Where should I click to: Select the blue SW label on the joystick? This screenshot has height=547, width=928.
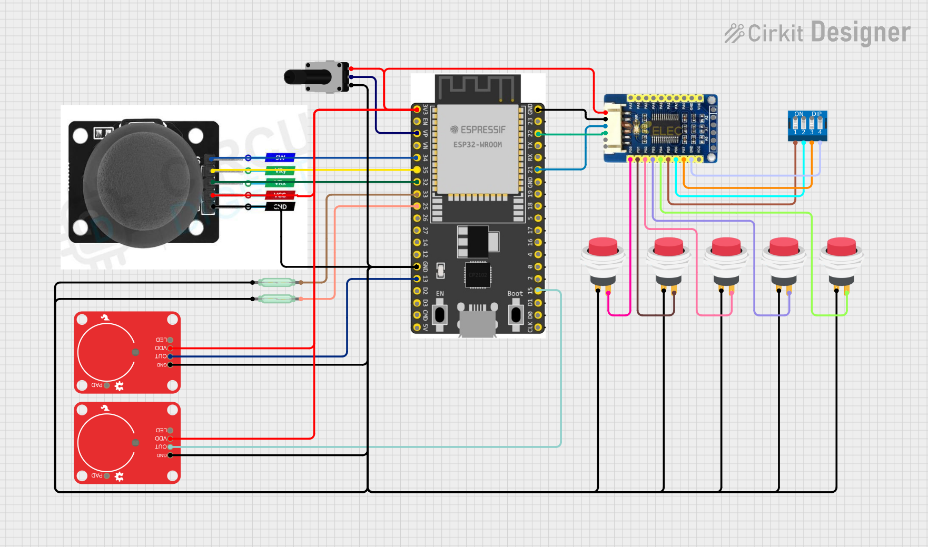click(280, 157)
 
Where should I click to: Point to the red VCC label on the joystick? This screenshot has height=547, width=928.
click(280, 195)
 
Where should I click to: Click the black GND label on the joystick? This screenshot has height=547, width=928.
click(280, 207)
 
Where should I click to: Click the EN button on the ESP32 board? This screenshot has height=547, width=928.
click(439, 315)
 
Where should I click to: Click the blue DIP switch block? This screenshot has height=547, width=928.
click(807, 125)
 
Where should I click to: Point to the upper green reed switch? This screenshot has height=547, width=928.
click(277, 283)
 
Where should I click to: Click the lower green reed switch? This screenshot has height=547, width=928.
click(277, 299)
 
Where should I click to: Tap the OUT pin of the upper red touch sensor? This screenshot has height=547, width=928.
click(170, 356)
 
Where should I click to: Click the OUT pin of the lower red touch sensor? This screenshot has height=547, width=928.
click(170, 447)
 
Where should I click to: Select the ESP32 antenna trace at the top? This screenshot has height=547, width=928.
click(477, 87)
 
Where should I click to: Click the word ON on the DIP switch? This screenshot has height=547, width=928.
click(799, 114)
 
